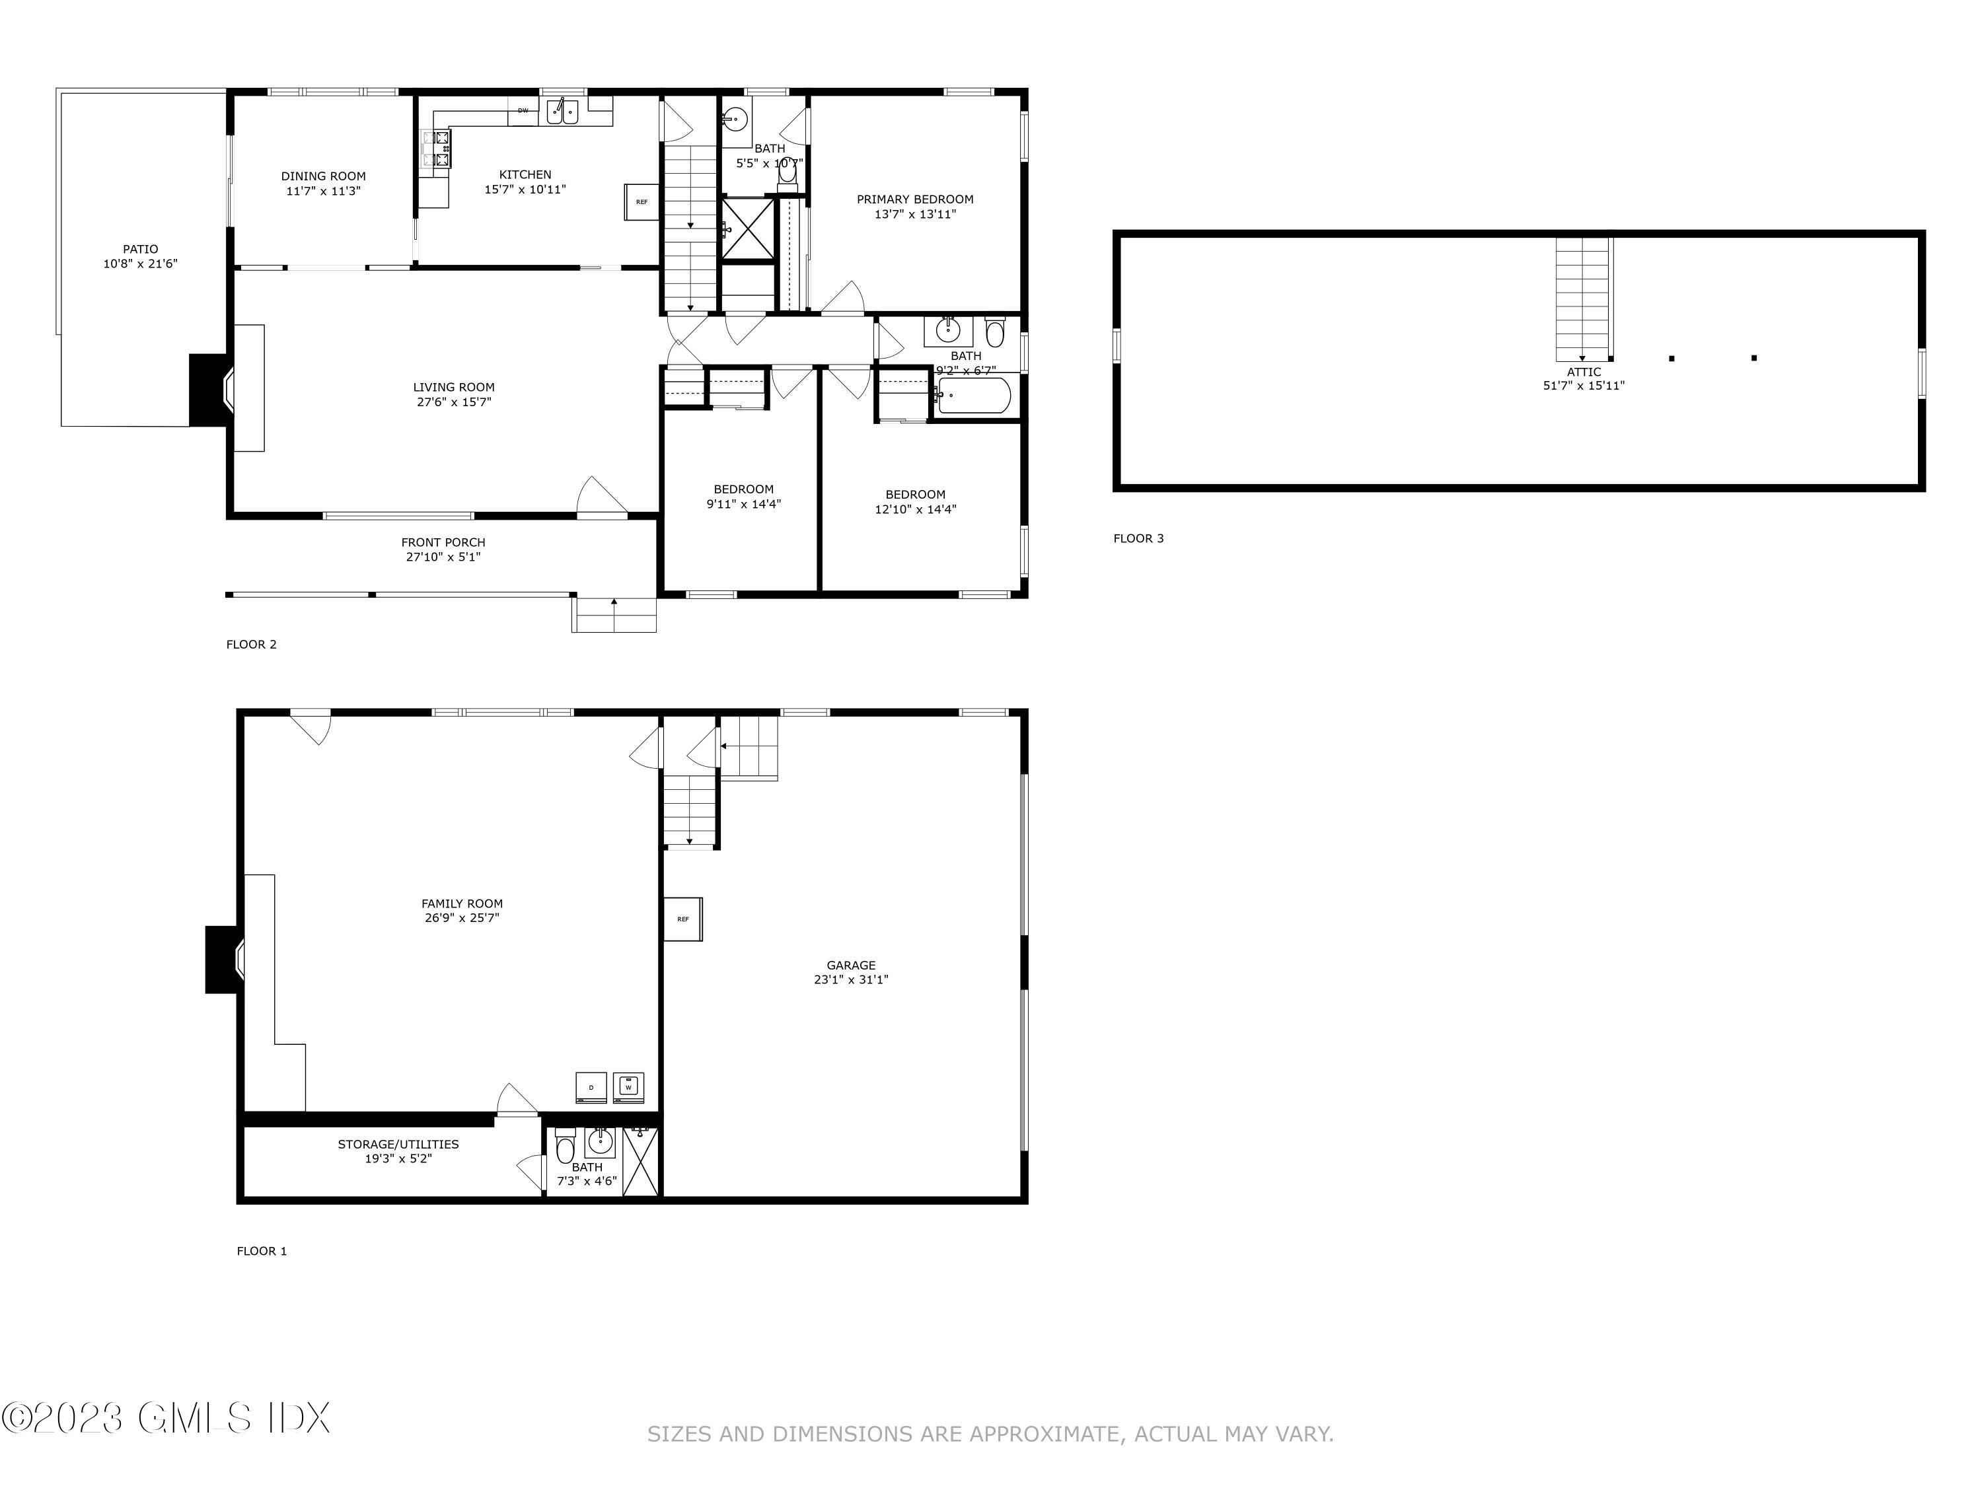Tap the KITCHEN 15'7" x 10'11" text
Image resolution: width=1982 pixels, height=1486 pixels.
coord(525,182)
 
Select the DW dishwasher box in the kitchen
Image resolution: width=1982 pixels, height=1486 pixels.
coord(523,110)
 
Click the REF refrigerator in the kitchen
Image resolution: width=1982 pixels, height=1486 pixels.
coord(641,201)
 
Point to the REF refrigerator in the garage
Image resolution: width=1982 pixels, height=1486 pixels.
coord(682,919)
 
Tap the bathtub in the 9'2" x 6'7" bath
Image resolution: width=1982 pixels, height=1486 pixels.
coord(974,395)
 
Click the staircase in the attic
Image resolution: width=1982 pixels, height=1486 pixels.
coord(1582,299)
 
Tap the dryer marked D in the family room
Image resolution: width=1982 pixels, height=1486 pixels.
coord(591,1087)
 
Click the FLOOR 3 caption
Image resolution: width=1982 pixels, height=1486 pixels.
coord(1138,538)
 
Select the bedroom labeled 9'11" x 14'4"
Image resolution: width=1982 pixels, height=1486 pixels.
coord(743,496)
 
